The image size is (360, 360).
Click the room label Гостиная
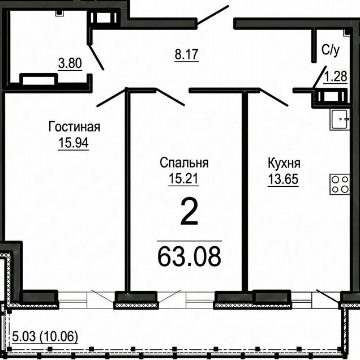[74, 127]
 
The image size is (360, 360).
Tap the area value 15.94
[74, 142]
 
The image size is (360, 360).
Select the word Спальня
[184, 163]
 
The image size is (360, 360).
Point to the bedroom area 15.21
[183, 178]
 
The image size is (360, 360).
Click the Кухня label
[284, 163]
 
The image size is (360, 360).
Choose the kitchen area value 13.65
[284, 179]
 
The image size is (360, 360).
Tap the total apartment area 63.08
[190, 256]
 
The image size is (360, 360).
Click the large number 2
[189, 212]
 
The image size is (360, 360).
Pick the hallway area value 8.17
[186, 54]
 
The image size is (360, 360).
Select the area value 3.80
[70, 63]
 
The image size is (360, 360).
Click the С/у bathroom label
[331, 50]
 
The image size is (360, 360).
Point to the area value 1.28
[335, 76]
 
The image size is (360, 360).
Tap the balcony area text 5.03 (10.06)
[45, 337]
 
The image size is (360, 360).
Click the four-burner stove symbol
[340, 185]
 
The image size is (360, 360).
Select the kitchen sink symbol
[340, 119]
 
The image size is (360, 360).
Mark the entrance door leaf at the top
[213, 15]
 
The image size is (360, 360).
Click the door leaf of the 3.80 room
[96, 57]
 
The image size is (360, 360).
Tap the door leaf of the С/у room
[320, 76]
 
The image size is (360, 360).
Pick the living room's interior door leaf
[112, 98]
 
